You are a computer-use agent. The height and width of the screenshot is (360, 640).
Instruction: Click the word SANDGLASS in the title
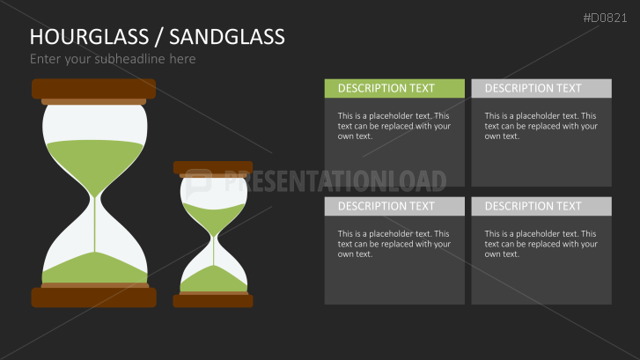[x=226, y=36]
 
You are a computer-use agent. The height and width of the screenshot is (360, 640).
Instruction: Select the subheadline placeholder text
[x=113, y=59]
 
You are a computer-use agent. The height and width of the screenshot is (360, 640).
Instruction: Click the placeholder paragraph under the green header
[x=394, y=126]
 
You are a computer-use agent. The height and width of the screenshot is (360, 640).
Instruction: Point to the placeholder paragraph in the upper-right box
[x=541, y=126]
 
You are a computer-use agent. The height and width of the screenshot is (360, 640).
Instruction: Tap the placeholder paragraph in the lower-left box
[x=394, y=244]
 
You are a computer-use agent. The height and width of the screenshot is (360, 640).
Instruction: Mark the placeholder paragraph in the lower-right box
[x=541, y=244]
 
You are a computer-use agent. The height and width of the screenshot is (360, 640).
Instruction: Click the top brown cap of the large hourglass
[x=93, y=88]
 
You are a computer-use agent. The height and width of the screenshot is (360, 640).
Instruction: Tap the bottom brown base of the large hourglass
[x=93, y=298]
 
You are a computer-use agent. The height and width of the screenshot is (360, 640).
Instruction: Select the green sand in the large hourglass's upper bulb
[x=94, y=158]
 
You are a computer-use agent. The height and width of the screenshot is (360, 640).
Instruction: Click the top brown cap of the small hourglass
[x=212, y=166]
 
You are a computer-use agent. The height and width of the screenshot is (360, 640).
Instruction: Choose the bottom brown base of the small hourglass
[x=212, y=301]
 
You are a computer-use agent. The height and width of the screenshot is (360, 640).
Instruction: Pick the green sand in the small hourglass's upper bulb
[x=212, y=216]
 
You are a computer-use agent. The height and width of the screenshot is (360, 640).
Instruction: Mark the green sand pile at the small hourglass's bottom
[x=212, y=280]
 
